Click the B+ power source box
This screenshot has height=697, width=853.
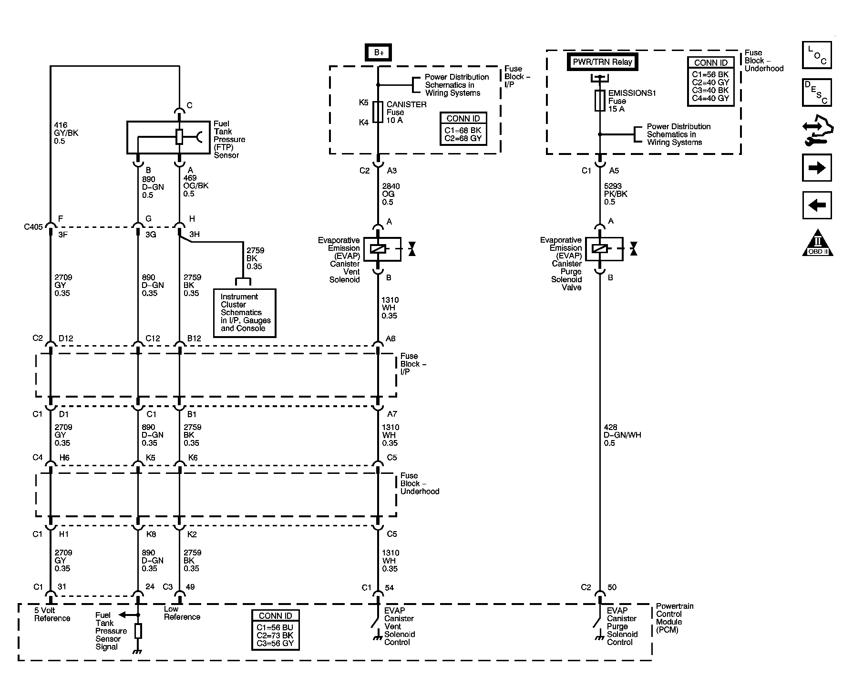coord(379,52)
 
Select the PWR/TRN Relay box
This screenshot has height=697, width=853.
coord(602,62)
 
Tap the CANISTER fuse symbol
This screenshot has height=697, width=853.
coord(378,112)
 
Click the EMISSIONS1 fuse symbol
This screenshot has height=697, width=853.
coord(600,101)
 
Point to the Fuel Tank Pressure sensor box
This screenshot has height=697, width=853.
coord(168,137)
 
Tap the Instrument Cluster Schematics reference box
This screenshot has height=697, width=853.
coord(245,313)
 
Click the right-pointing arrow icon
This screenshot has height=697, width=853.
coord(817,168)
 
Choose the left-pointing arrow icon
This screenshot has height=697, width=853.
coord(817,205)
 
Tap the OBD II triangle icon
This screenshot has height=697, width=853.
coord(817,244)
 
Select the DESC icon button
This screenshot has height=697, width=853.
coord(817,92)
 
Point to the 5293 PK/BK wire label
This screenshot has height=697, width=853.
coord(615,194)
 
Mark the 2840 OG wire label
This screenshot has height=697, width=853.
coord(391,194)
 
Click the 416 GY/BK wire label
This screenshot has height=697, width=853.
coord(66,133)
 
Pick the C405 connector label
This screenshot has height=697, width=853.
coord(33,227)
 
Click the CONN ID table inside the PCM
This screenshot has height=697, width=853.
coord(275,630)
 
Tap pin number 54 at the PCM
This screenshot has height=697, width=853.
coord(389,587)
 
